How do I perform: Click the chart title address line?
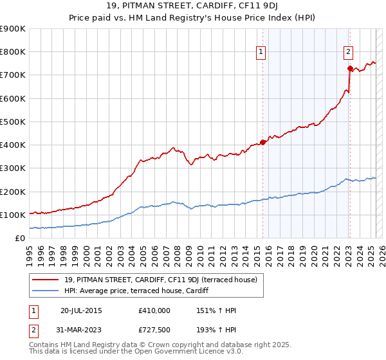click(192, 8)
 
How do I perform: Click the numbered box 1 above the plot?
click(261, 53)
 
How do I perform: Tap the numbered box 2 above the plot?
click(348, 53)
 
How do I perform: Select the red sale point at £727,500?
click(349, 68)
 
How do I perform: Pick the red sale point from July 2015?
click(262, 142)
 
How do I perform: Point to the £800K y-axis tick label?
click(13, 52)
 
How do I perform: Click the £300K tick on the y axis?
click(13, 168)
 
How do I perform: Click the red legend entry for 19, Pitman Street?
click(160, 280)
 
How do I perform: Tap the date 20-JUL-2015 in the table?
click(81, 310)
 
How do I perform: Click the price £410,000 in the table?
click(154, 310)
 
